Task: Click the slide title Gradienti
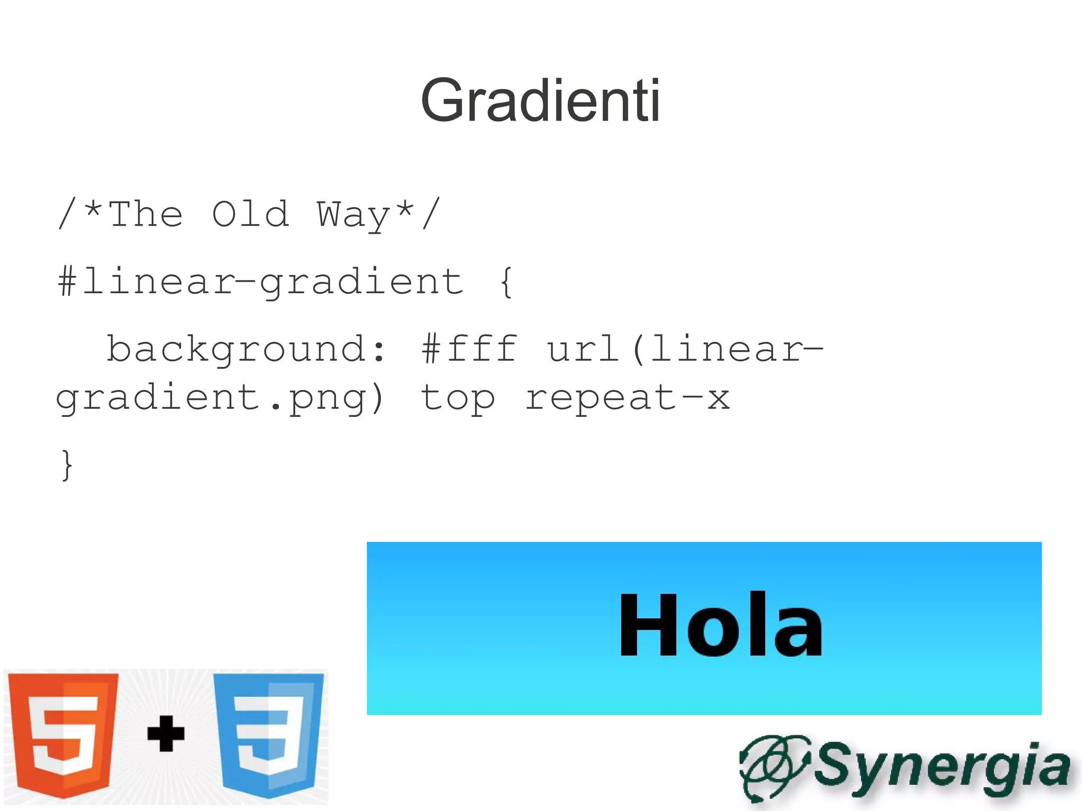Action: [x=540, y=100]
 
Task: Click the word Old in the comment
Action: [x=250, y=215]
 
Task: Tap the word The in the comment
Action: [x=146, y=215]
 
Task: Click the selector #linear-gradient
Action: [x=260, y=282]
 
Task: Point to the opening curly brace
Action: [x=506, y=282]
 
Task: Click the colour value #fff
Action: [x=469, y=349]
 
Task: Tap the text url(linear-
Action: [x=685, y=349]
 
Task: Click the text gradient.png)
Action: [x=220, y=398]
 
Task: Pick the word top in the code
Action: [x=458, y=398]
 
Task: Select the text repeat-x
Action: [x=628, y=397]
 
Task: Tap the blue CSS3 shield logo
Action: [x=268, y=733]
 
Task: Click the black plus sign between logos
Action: [x=166, y=733]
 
